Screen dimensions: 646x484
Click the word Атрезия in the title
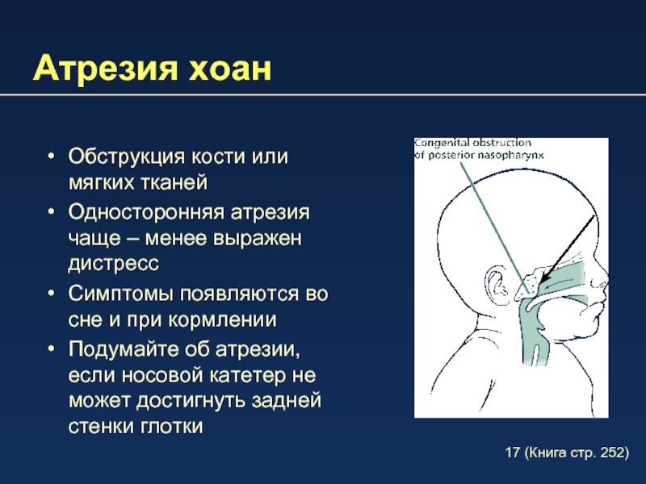106,69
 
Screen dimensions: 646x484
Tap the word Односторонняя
146,212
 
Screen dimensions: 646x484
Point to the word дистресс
114,264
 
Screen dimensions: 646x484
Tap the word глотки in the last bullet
171,427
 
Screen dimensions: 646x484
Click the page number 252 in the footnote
612,453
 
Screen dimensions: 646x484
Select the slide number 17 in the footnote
513,453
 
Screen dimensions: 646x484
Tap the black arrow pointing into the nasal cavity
568,248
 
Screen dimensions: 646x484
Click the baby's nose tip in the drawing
606,281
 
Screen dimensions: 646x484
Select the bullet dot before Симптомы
51,294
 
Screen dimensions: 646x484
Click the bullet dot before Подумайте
51,349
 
